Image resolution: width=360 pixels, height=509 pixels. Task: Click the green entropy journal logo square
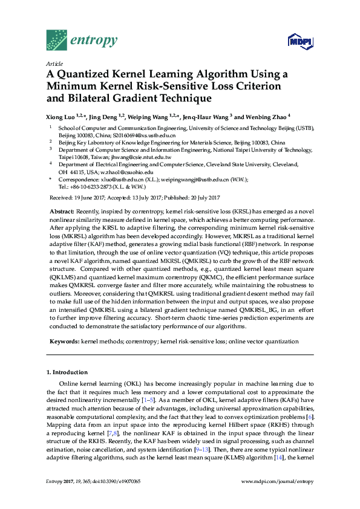[56, 40]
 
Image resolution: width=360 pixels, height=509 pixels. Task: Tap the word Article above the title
[54, 63]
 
